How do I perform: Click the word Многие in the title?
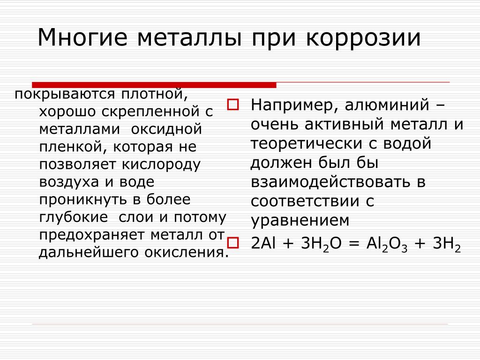[x=82, y=37]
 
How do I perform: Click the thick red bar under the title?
[x=154, y=85]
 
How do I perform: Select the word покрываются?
[x=65, y=94]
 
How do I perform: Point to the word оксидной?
[x=166, y=129]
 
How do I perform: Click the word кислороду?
[x=161, y=165]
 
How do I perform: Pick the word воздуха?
[x=69, y=182]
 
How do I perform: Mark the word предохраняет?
[x=92, y=235]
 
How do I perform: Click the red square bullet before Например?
[x=232, y=105]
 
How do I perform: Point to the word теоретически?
[x=307, y=143]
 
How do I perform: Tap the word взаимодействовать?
[x=330, y=181]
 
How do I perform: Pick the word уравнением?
[x=300, y=220]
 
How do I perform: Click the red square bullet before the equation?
[x=232, y=243]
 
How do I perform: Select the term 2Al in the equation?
[x=263, y=243]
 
